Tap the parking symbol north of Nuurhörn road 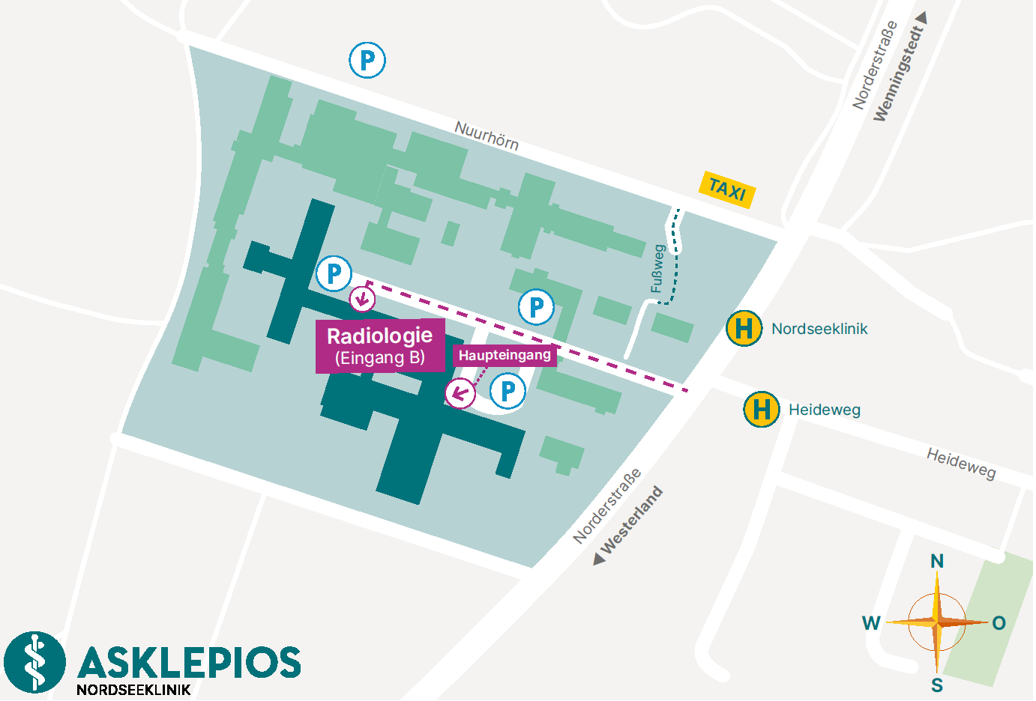[367, 60]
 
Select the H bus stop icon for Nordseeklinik [744, 328]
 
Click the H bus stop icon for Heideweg [761, 410]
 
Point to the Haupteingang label [505, 355]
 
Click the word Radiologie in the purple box [379, 336]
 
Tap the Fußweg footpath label [657, 269]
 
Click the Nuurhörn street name [487, 136]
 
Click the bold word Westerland [632, 520]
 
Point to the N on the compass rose [937, 561]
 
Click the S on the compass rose [937, 685]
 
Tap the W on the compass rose [871, 623]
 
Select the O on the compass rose [999, 623]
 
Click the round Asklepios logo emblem [34, 662]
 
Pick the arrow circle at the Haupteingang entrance [460, 392]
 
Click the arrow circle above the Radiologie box [363, 299]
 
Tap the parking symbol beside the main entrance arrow [508, 390]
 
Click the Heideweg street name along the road [961, 463]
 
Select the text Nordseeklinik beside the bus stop [819, 329]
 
